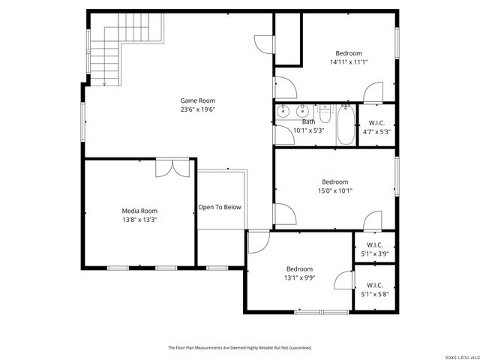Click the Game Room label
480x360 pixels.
pos(197,100)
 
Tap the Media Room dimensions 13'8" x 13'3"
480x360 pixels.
pos(139,220)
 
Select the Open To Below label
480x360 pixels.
pos(220,207)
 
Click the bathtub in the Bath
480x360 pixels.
pos(346,126)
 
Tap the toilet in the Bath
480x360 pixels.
pos(325,114)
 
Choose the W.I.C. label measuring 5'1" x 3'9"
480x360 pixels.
pos(375,249)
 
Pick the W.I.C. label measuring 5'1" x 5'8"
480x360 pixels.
pos(375,289)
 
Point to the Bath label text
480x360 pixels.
pos(308,121)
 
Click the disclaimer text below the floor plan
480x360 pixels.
pos(239,347)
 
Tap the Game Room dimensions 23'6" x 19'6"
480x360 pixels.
pos(197,109)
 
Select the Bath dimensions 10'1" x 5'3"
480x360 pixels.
pos(308,130)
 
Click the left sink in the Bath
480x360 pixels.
pos(283,113)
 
